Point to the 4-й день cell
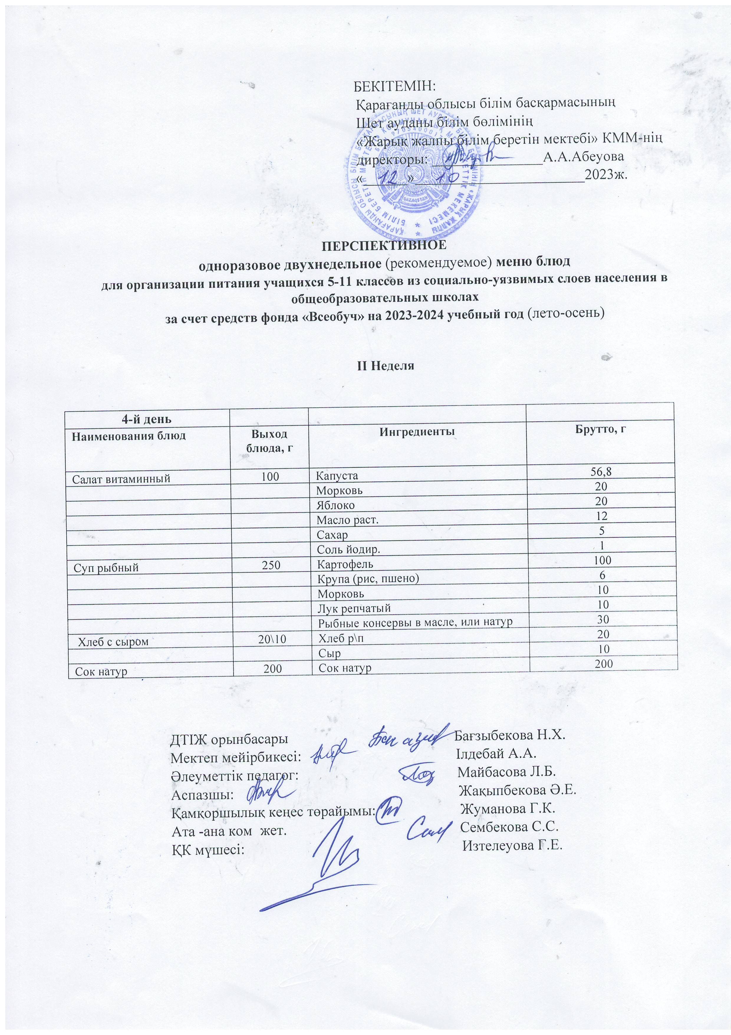[146, 419]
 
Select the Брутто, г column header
[602, 429]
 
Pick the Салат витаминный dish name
[122, 479]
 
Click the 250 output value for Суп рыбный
[271, 568]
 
